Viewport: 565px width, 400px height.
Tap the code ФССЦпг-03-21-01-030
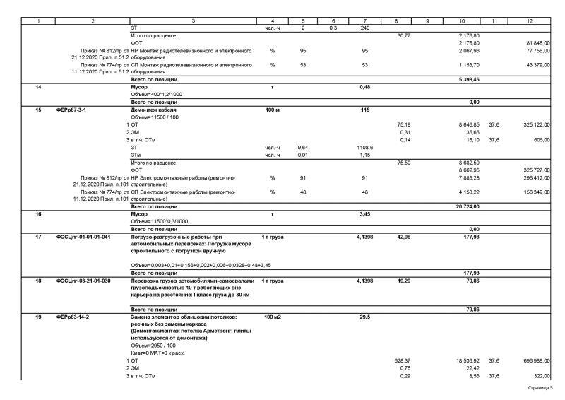pos(83,281)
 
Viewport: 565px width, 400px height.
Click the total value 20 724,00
pos(468,206)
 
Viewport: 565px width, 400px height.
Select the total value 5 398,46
pos(468,80)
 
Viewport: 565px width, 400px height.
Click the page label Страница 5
pos(540,388)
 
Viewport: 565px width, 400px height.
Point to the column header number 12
pos(530,21)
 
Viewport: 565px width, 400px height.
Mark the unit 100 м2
pos(272,317)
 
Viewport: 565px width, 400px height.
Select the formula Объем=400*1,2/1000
pos(157,95)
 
